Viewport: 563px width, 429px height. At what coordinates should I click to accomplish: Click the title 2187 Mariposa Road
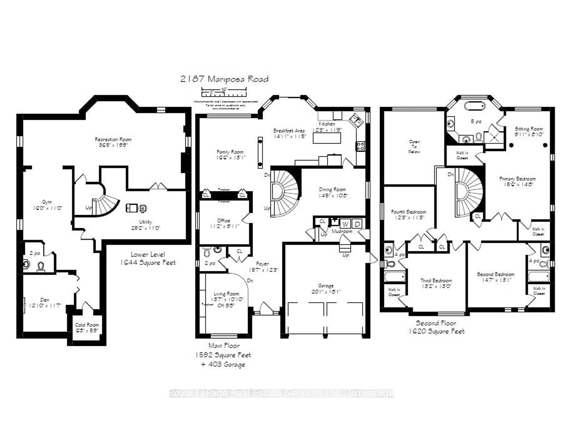224,79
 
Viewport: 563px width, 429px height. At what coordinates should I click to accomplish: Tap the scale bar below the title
224,92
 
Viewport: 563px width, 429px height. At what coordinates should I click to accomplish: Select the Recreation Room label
113,139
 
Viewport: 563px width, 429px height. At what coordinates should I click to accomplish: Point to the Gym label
47,202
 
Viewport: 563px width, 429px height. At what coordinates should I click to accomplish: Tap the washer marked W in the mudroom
345,224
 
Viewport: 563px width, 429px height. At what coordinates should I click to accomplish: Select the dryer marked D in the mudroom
357,224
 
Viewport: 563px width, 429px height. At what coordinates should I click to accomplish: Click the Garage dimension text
326,292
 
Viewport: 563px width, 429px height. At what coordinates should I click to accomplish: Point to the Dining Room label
332,190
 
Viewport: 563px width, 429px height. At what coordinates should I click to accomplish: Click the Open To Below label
414,147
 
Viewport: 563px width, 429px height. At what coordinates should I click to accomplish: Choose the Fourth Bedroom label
408,212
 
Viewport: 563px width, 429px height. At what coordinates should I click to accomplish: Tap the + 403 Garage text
223,364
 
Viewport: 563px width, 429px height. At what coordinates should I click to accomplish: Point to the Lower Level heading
148,254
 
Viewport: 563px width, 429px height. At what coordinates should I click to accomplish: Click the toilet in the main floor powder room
207,252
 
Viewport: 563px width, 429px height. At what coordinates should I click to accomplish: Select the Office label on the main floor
224,220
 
